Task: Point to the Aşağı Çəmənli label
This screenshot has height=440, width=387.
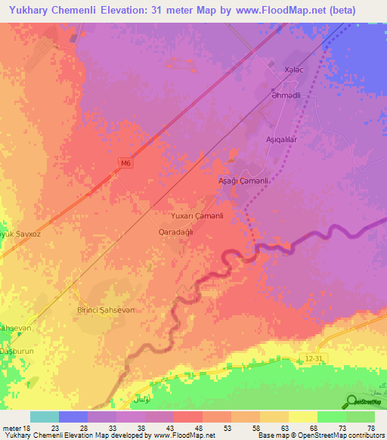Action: click(243, 181)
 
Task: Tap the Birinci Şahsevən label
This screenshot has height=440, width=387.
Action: click(110, 311)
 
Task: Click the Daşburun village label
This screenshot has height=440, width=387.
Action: click(17, 353)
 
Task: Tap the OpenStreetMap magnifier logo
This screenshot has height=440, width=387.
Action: click(351, 401)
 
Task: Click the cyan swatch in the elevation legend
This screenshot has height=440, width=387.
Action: click(45, 417)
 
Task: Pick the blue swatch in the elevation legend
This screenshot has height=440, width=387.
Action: click(73, 417)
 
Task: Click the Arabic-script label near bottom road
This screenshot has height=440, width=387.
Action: click(141, 397)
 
